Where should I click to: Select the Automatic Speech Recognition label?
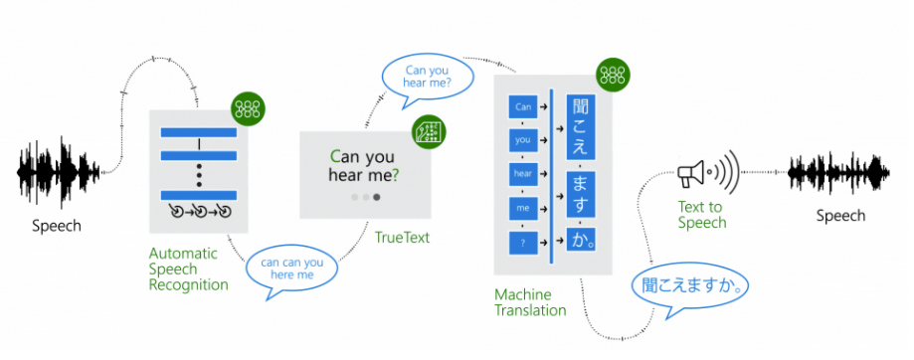click(x=189, y=269)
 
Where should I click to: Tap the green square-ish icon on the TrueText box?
click(x=428, y=132)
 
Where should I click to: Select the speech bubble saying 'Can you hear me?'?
click(x=425, y=77)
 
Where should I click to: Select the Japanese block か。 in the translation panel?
click(x=581, y=240)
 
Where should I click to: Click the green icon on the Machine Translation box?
click(x=610, y=75)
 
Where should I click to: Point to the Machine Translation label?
click(x=530, y=302)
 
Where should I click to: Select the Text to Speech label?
click(x=702, y=215)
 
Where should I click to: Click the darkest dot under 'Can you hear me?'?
click(x=376, y=198)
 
